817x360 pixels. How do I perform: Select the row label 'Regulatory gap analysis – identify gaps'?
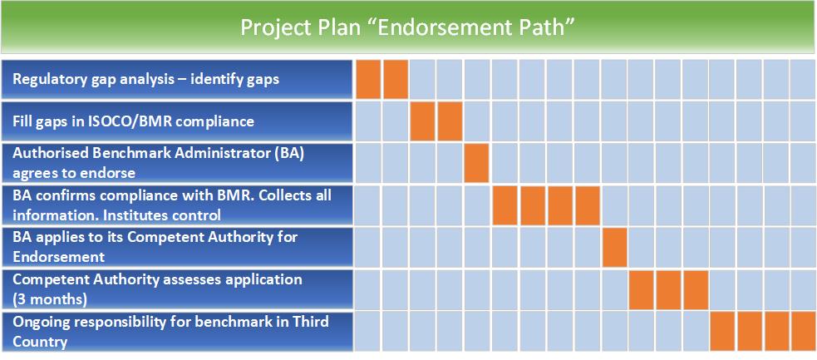coord(146,80)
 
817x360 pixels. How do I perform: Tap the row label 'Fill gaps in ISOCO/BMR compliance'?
coord(133,121)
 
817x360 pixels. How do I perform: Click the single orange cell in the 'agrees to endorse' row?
coord(476,163)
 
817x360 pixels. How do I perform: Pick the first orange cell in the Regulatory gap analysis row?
coord(368,79)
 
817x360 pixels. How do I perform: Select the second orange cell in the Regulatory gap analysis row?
coord(396,79)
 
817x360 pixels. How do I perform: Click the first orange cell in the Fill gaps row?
coord(422,121)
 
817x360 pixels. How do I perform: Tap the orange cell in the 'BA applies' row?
coord(615,247)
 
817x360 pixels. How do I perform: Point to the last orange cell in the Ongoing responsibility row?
coord(804,332)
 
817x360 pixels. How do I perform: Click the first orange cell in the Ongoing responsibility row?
coord(723,332)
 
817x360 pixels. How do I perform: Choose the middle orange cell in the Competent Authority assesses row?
coord(668,289)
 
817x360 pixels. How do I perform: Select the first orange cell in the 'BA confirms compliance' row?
coord(504,205)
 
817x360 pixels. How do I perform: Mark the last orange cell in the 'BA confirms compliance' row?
coord(588,205)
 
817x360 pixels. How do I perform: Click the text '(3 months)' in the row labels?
coord(50,300)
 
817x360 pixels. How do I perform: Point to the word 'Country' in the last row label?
coord(40,343)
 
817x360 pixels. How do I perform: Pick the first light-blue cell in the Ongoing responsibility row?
coord(368,332)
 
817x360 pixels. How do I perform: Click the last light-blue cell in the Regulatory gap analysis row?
coord(804,79)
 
